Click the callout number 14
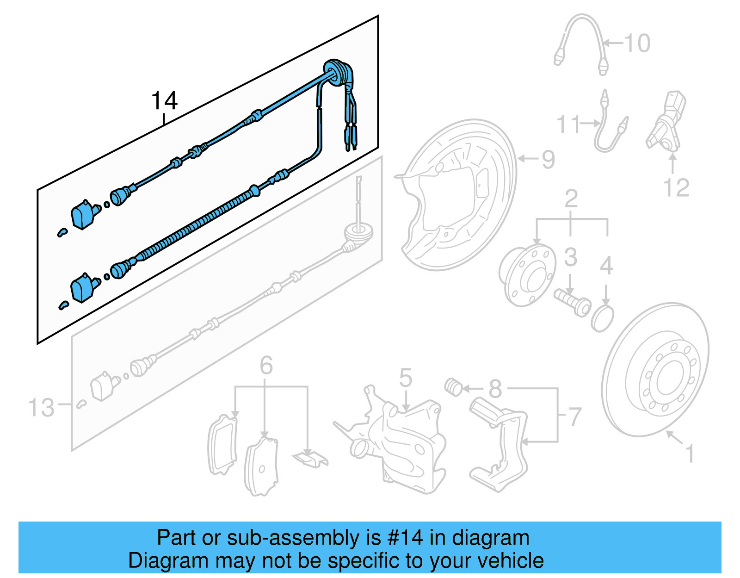click(x=165, y=100)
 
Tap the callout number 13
click(x=42, y=408)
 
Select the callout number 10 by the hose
click(x=637, y=43)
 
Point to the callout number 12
click(x=676, y=187)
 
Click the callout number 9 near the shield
click(x=548, y=160)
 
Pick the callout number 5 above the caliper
click(x=405, y=378)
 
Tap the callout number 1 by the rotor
click(x=689, y=454)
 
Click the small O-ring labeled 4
click(x=602, y=318)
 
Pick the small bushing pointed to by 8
click(x=454, y=387)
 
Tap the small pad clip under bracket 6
click(x=310, y=459)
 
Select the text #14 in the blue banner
click(x=405, y=538)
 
